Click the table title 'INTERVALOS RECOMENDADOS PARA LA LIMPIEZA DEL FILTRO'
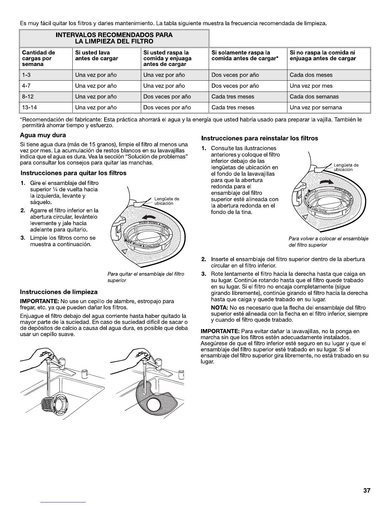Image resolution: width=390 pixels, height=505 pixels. (x=114, y=38)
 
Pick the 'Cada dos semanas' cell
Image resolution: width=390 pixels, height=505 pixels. (x=314, y=97)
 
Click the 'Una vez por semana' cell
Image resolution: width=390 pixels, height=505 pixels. (x=316, y=107)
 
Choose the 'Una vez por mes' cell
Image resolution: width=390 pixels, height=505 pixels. (x=311, y=86)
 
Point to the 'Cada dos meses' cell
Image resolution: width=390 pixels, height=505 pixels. (x=311, y=75)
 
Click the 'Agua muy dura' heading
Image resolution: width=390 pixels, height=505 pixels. (x=43, y=135)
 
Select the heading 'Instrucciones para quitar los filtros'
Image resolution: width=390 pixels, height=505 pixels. (x=73, y=173)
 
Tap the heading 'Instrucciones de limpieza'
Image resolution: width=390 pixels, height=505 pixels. (x=59, y=292)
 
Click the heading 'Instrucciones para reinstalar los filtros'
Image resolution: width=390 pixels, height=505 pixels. (x=259, y=138)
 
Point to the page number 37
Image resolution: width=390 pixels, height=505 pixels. (x=367, y=491)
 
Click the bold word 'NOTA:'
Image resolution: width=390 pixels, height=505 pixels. (x=219, y=308)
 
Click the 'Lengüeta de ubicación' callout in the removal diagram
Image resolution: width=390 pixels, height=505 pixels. (x=167, y=201)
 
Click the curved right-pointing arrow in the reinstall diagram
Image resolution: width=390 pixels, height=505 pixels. (x=326, y=182)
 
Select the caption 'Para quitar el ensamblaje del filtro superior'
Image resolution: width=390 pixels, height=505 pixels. (x=146, y=277)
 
